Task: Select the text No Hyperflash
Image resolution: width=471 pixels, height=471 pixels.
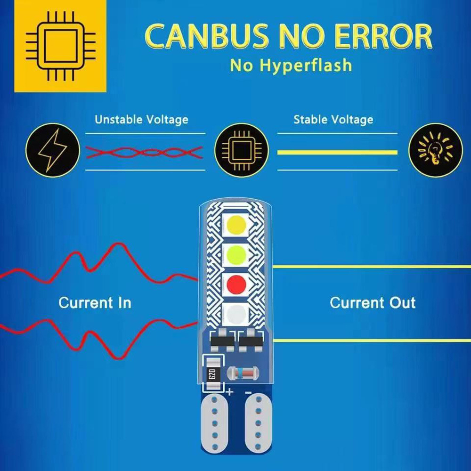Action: pyautogui.click(x=291, y=65)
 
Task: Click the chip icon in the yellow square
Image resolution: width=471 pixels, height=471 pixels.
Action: pyautogui.click(x=60, y=46)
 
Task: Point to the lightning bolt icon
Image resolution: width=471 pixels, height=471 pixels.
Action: pyautogui.click(x=53, y=150)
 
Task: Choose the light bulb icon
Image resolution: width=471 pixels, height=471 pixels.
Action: pyautogui.click(x=436, y=150)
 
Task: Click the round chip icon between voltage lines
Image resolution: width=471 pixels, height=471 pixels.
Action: pyautogui.click(x=241, y=150)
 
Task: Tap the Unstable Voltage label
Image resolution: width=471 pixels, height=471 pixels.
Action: pyautogui.click(x=141, y=120)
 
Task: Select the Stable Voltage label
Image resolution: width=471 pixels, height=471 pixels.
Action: pyautogui.click(x=333, y=120)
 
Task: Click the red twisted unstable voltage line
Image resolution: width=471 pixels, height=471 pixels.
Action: pyautogui.click(x=145, y=152)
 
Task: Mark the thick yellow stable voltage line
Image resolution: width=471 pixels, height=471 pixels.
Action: pyautogui.click(x=337, y=152)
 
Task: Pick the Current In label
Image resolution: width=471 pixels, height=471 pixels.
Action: pyautogui.click(x=95, y=302)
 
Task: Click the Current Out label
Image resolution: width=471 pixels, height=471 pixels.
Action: pyautogui.click(x=373, y=302)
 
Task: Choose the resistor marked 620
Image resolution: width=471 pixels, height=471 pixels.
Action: pyautogui.click(x=211, y=374)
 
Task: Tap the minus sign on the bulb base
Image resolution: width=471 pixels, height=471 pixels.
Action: pyautogui.click(x=248, y=392)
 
